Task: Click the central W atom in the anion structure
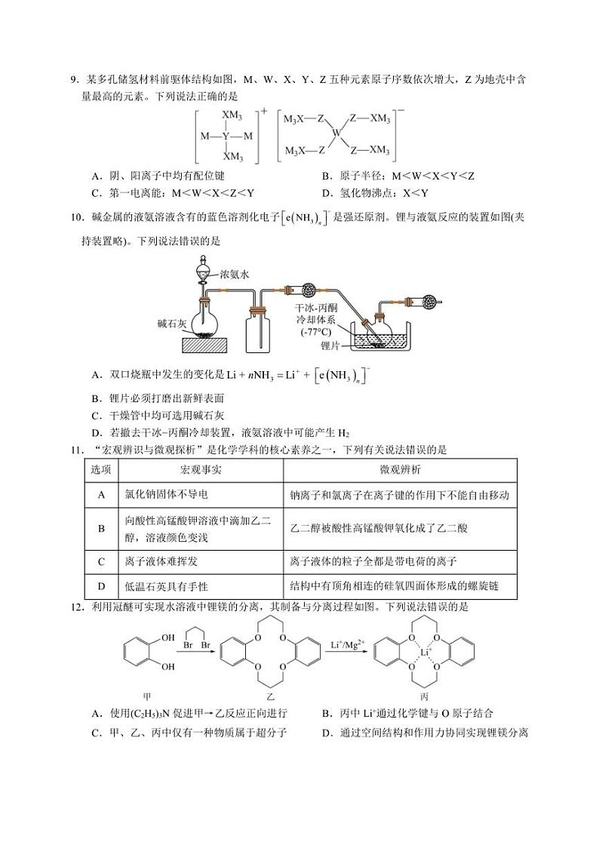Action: click(337, 134)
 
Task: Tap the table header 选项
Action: click(101, 471)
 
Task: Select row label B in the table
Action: click(101, 528)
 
